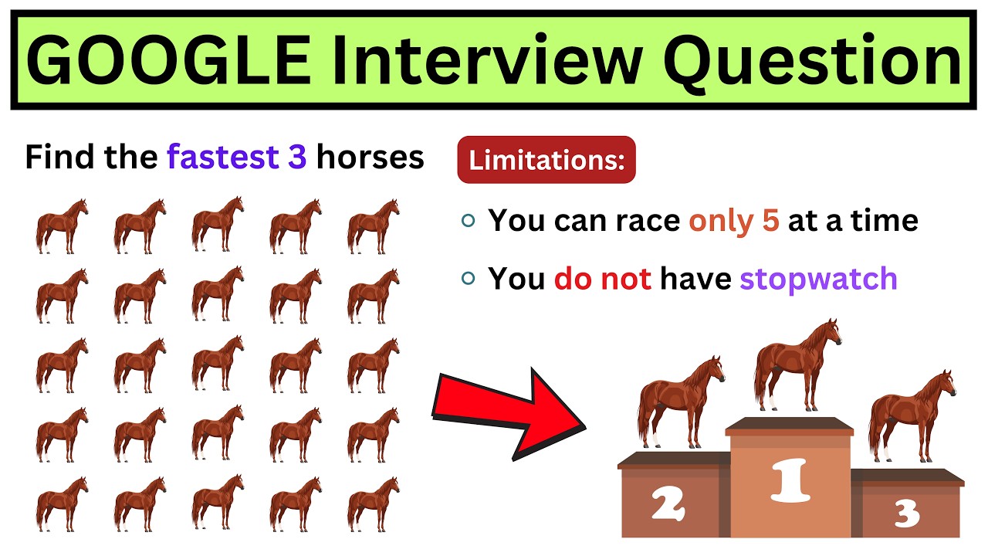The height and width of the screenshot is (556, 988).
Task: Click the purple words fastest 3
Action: [x=237, y=158]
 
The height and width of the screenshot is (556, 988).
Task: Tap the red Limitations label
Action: [x=546, y=160]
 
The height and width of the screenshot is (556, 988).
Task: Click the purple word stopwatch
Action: [x=818, y=278]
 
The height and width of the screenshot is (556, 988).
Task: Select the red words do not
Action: [x=603, y=278]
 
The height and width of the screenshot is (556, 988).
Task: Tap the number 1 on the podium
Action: [x=789, y=480]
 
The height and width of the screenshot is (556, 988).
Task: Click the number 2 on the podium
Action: [x=668, y=504]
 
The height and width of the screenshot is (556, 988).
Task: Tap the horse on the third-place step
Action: [x=912, y=417]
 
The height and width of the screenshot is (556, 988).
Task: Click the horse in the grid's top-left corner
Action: [x=62, y=225]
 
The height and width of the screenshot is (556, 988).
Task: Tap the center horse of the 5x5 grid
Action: [x=218, y=364]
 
